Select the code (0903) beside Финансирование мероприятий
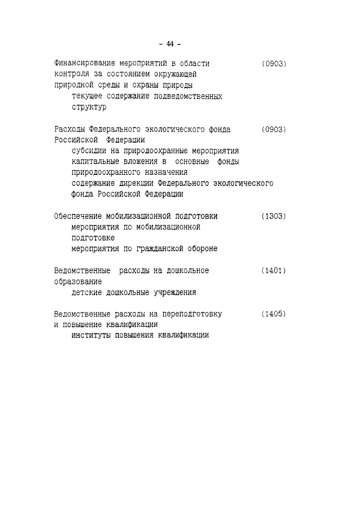[274, 64]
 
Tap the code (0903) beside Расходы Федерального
[274, 129]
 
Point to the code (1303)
[274, 216]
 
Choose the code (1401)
[274, 270]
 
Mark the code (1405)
[274, 314]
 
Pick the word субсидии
[89, 151]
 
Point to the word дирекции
[135, 183]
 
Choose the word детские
[87, 292]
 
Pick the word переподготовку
[194, 314]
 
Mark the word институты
[92, 336]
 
